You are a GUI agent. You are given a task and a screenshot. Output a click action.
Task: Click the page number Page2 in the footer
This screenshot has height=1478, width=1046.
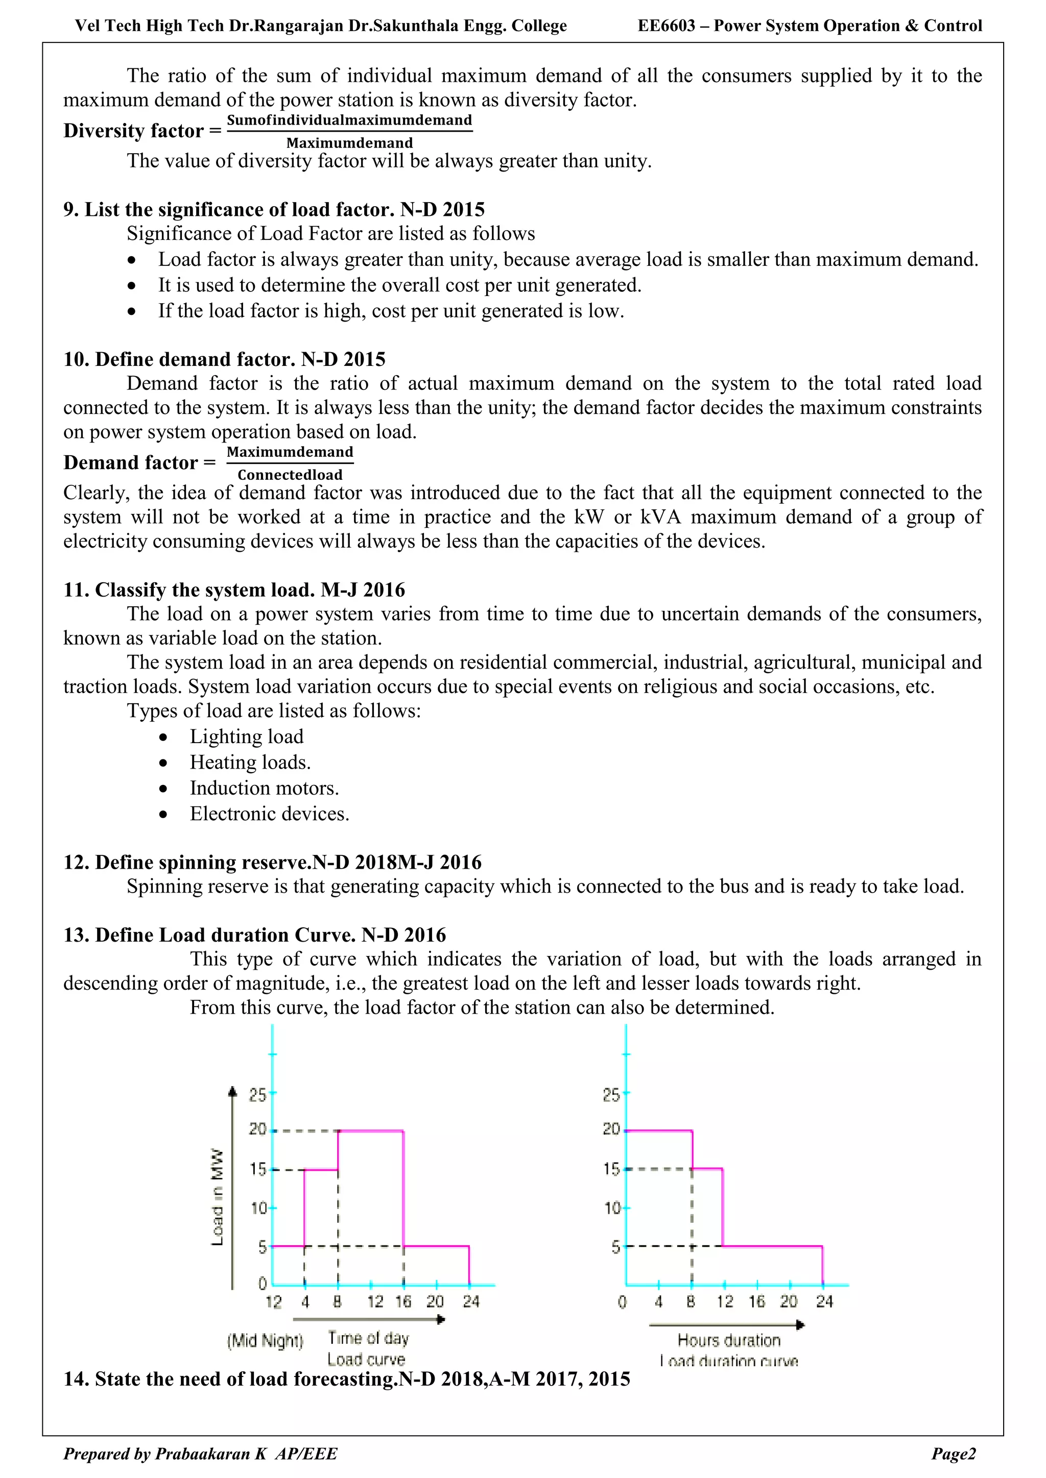tap(953, 1454)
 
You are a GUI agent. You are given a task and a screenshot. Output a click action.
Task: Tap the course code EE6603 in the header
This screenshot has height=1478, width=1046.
tap(666, 26)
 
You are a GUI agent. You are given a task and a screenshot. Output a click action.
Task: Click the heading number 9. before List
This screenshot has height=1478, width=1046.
tap(71, 210)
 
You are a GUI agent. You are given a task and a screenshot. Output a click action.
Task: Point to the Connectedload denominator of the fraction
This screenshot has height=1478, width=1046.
tap(290, 475)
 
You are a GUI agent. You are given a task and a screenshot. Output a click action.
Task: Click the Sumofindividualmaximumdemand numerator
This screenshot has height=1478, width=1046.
tap(349, 120)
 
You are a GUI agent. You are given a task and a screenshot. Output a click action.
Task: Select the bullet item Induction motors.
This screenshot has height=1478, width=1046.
tap(264, 788)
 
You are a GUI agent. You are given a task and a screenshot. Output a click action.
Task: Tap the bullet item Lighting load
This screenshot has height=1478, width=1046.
tap(246, 736)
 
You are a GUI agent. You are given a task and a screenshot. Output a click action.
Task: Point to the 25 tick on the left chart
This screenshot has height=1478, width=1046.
tap(257, 1094)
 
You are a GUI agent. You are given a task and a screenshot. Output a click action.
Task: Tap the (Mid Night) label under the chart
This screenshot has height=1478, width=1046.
tap(265, 1340)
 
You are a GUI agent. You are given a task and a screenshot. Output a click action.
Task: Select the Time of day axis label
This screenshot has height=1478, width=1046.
tap(368, 1338)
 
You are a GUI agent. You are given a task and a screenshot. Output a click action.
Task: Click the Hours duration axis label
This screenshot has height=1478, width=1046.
tap(728, 1340)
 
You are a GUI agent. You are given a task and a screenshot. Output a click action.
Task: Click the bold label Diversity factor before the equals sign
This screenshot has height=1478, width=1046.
tap(133, 131)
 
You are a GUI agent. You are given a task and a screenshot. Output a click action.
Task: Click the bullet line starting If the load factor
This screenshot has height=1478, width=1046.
tap(391, 311)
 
